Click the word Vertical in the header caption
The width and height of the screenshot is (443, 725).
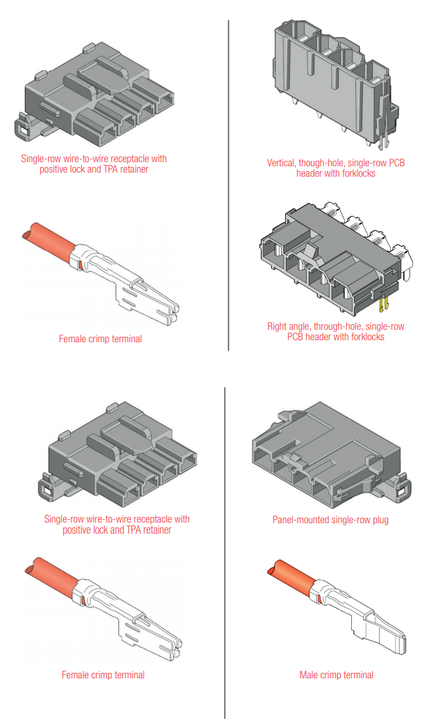[282, 163]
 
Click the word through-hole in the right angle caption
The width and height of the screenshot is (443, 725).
[336, 326]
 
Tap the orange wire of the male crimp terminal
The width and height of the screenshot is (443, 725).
[289, 575]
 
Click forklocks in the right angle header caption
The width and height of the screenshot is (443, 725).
[362, 337]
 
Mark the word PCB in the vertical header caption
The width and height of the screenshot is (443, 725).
[396, 163]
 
